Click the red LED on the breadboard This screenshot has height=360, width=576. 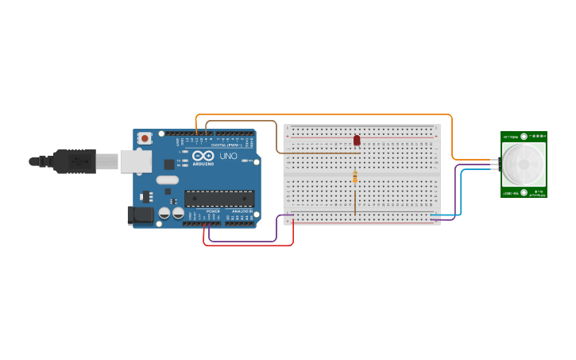357,140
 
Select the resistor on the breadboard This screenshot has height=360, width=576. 355,176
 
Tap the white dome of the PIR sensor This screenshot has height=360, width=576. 524,165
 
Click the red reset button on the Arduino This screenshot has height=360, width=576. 145,137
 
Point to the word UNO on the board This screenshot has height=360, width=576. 228,156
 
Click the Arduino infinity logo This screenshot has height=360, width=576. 202,156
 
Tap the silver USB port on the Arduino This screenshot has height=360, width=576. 135,161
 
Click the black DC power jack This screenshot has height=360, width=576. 141,214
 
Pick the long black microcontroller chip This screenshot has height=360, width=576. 219,199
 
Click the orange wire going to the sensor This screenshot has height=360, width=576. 452,135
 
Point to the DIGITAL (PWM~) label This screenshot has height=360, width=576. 223,145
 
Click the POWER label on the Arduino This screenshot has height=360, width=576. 213,211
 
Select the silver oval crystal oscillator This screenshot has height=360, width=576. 168,180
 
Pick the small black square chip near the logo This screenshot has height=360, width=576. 169,164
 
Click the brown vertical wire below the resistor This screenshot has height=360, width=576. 355,199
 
